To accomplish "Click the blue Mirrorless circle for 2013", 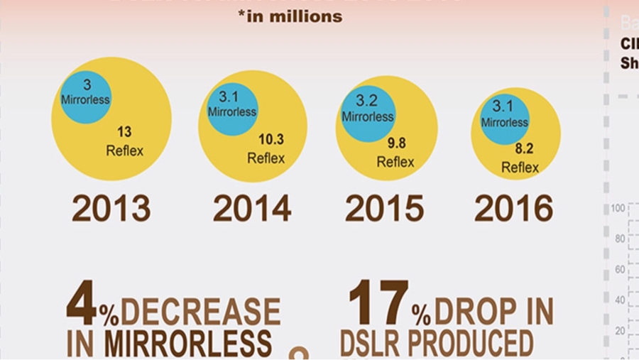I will pyautogui.click(x=85, y=97).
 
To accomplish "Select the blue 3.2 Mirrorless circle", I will pyautogui.click(x=367, y=110).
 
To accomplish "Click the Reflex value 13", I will pyautogui.click(x=124, y=132).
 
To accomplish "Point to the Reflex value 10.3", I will pyautogui.click(x=271, y=140).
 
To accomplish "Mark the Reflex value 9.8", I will pyautogui.click(x=396, y=143).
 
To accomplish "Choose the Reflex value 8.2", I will pyautogui.click(x=523, y=149).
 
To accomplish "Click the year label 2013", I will pyautogui.click(x=111, y=209).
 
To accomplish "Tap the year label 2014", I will pyautogui.click(x=252, y=209).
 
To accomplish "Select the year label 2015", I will pyautogui.click(x=384, y=209).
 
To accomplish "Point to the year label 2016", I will pyautogui.click(x=513, y=209).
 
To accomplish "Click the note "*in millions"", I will pyautogui.click(x=290, y=16).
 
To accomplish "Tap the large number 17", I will pyautogui.click(x=379, y=303).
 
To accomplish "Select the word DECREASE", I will pyautogui.click(x=200, y=312).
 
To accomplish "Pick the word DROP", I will pyautogui.click(x=474, y=312).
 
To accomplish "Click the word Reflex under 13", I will pyautogui.click(x=124, y=151).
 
